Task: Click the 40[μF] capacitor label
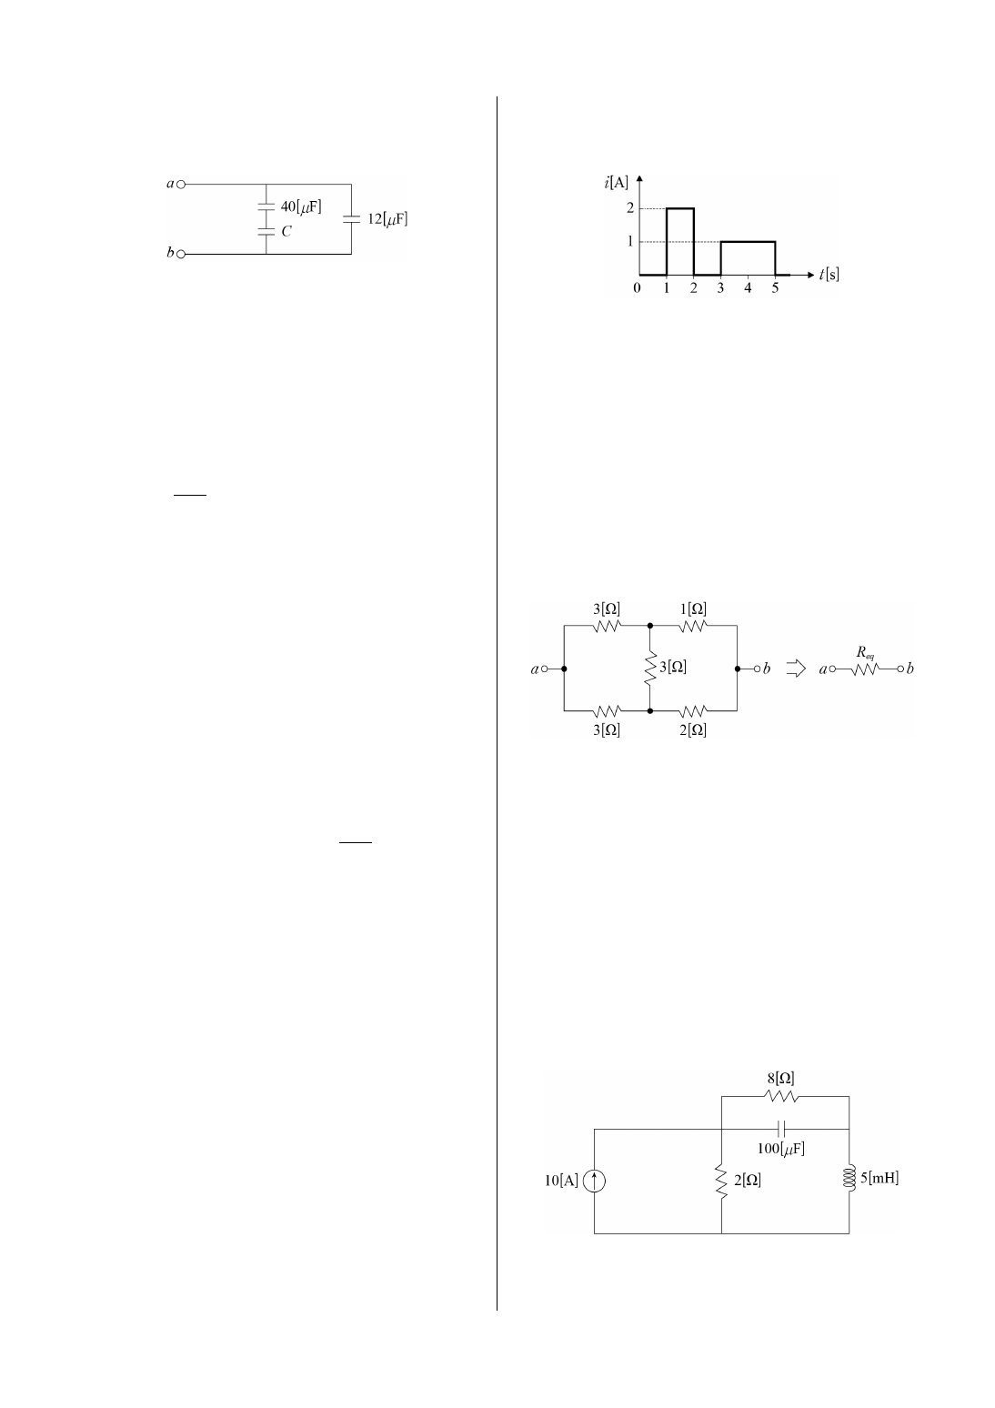pyautogui.click(x=300, y=206)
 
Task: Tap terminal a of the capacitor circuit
pyautogui.click(x=181, y=183)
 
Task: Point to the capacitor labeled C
pyautogui.click(x=266, y=232)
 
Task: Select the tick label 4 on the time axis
pyautogui.click(x=748, y=288)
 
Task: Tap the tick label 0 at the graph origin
pyautogui.click(x=637, y=288)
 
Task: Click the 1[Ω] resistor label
pyautogui.click(x=692, y=608)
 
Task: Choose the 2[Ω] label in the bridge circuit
pyautogui.click(x=692, y=729)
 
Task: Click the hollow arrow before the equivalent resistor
pyautogui.click(x=797, y=669)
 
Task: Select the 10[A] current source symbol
pyautogui.click(x=594, y=1182)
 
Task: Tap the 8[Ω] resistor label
pyautogui.click(x=780, y=1079)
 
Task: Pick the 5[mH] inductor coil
pyautogui.click(x=849, y=1179)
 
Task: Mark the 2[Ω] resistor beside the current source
pyautogui.click(x=721, y=1181)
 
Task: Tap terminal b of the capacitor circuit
pyautogui.click(x=181, y=254)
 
